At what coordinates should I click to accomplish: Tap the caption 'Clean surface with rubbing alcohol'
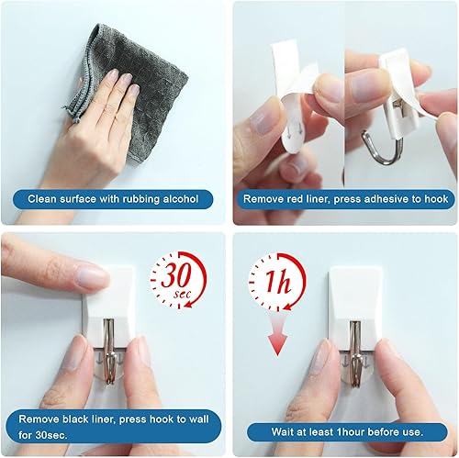(x=113, y=198)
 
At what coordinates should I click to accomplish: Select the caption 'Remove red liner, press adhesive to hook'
(x=344, y=198)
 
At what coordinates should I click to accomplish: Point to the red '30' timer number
(x=179, y=276)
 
